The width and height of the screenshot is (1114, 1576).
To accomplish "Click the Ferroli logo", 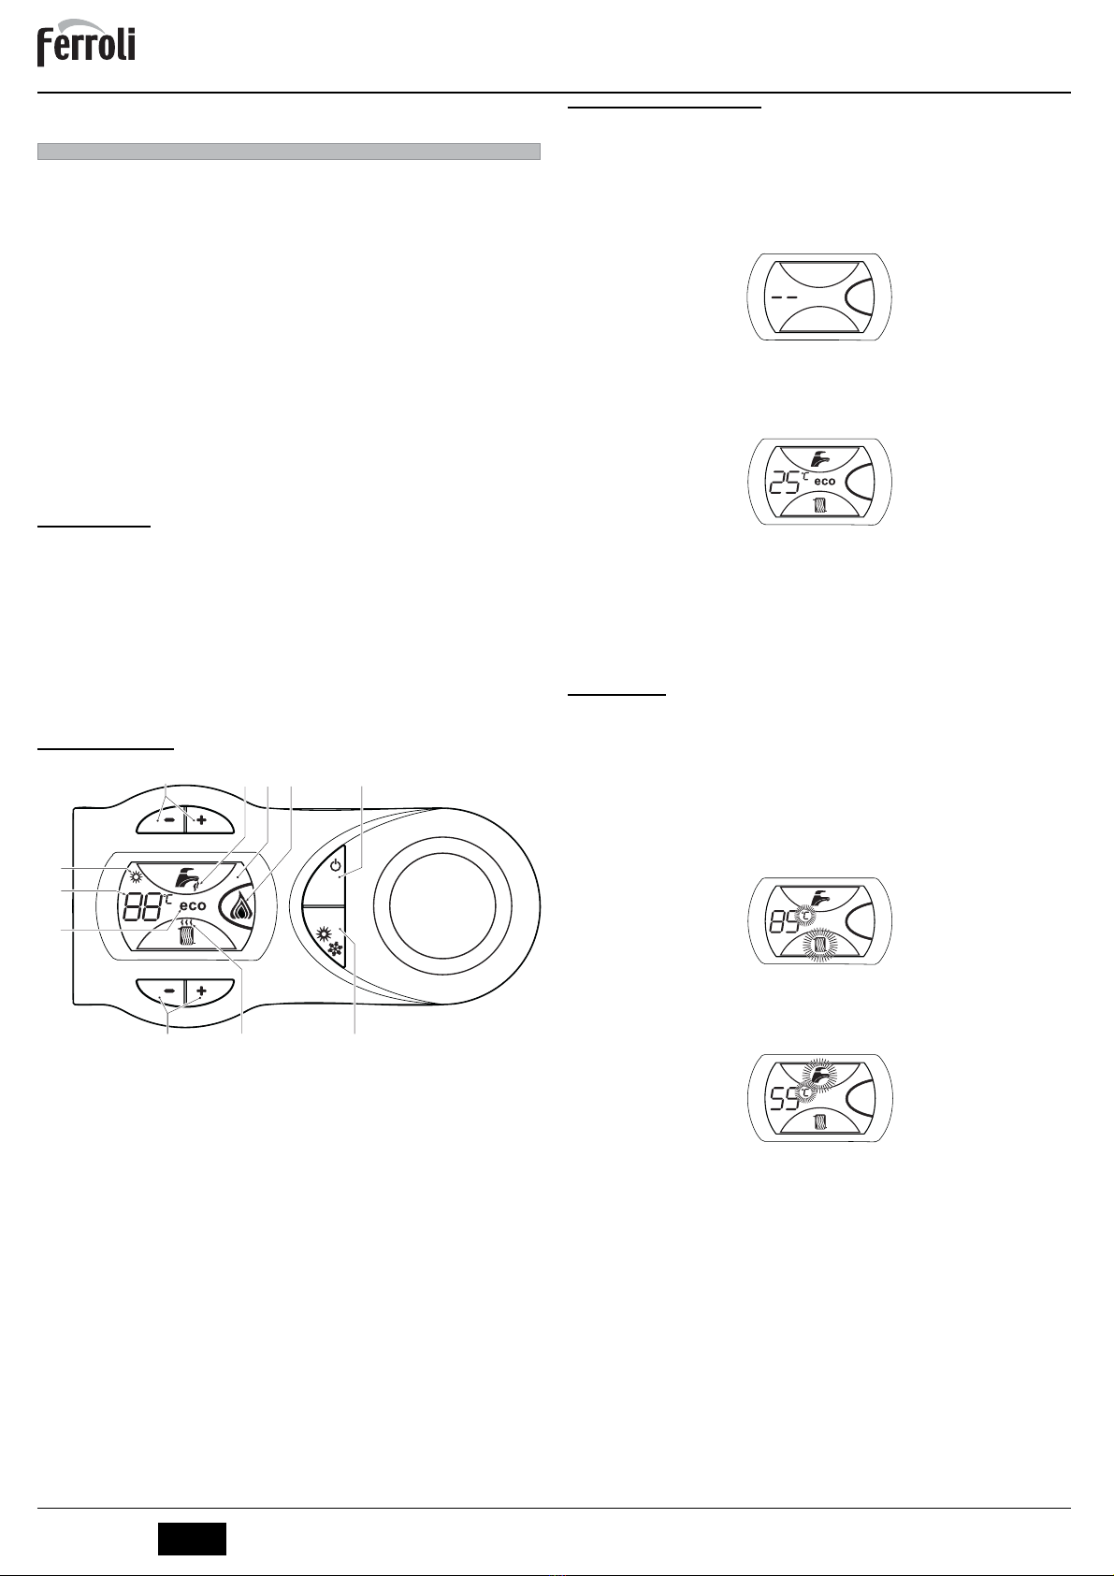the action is [86, 44].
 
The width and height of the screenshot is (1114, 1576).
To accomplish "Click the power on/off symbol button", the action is [328, 870].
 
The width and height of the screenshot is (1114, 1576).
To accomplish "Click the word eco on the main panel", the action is [192, 905].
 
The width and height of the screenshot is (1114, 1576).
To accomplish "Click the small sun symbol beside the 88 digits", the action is [135, 877].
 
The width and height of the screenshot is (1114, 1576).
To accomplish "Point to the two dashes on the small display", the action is [785, 296].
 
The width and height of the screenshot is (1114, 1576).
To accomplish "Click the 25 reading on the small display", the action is [783, 483].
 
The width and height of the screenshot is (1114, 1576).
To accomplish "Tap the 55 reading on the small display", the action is [783, 1098].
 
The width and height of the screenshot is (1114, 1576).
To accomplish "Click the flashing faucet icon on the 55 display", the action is [820, 1077].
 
